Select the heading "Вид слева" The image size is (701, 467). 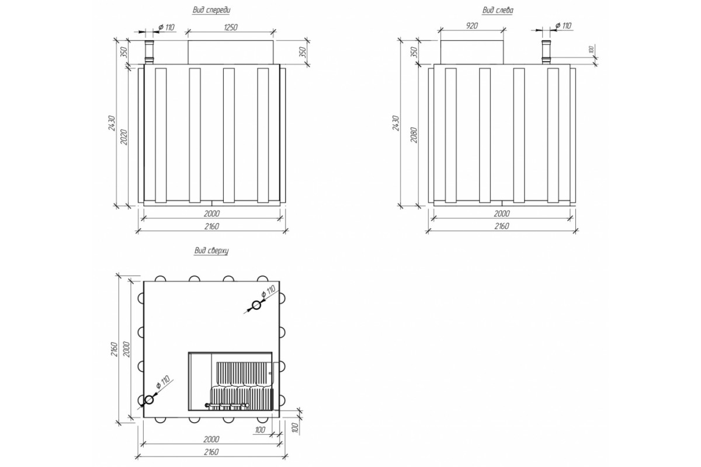point(498,11)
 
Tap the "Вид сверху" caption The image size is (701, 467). point(211,251)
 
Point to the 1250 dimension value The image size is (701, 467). point(229,27)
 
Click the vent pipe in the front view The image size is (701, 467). point(148,53)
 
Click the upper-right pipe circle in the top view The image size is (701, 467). point(256,305)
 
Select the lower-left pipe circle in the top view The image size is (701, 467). point(149,400)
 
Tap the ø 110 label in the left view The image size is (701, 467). point(563,26)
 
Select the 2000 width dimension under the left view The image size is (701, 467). point(501,213)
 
